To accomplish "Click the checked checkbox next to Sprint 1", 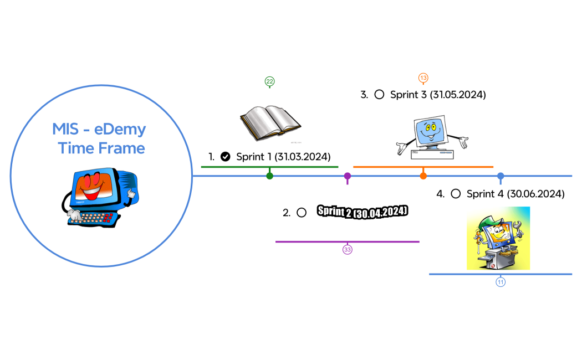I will pyautogui.click(x=225, y=157).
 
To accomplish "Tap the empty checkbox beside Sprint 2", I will pyautogui.click(x=302, y=212).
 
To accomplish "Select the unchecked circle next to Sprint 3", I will pyautogui.click(x=379, y=95).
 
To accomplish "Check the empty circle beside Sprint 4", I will pyautogui.click(x=456, y=194).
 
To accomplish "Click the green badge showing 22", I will pyautogui.click(x=269, y=82).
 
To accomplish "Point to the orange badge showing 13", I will pyautogui.click(x=423, y=78).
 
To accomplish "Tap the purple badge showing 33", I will pyautogui.click(x=348, y=250).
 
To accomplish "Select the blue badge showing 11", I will pyautogui.click(x=501, y=282).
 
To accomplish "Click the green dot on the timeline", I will pyautogui.click(x=269, y=176).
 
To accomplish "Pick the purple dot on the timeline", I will pyautogui.click(x=348, y=176).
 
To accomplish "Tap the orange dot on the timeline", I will pyautogui.click(x=423, y=176).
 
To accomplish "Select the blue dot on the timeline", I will pyautogui.click(x=501, y=176).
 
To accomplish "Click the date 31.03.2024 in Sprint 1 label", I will pyautogui.click(x=303, y=157).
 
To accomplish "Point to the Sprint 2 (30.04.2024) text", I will pyautogui.click(x=363, y=212).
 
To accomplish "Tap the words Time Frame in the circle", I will pyautogui.click(x=101, y=148).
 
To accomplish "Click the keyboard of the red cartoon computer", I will pyautogui.click(x=94, y=218).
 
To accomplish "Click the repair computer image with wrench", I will pyautogui.click(x=498, y=238).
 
